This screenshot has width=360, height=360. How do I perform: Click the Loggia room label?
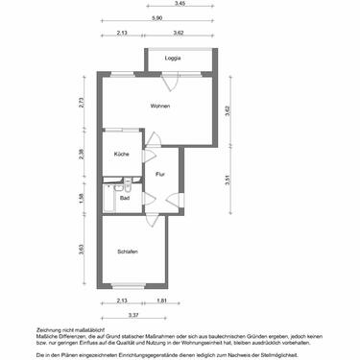click(172, 60)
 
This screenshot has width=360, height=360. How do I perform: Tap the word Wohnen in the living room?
click(160, 106)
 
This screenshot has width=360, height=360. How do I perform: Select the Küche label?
click(122, 155)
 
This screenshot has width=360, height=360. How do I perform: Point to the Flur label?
click(160, 174)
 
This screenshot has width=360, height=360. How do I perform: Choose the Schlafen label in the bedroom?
click(128, 252)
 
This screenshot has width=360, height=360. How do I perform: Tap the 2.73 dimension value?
click(84, 102)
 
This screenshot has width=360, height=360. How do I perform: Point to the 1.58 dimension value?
click(84, 198)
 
